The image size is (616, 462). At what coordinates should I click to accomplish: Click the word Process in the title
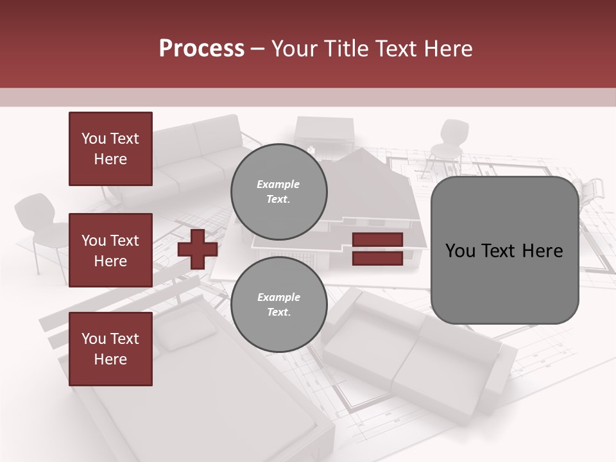pos(201,49)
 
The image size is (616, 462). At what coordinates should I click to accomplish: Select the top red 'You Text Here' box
pos(110,149)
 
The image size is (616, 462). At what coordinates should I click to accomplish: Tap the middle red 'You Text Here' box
pos(110,250)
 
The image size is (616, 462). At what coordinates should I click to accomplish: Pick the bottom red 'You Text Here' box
pos(110,349)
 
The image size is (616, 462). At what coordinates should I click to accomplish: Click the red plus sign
pos(198,249)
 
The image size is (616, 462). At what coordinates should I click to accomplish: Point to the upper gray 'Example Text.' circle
pos(278,191)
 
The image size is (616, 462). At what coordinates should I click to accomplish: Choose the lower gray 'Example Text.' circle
pos(278,304)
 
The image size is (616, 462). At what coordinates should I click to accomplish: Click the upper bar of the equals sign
pos(377,240)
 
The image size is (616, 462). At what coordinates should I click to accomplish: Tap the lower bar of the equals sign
pos(377,258)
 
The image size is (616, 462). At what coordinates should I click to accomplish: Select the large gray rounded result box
pos(504,282)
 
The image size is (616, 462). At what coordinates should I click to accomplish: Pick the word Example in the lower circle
pos(278,297)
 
